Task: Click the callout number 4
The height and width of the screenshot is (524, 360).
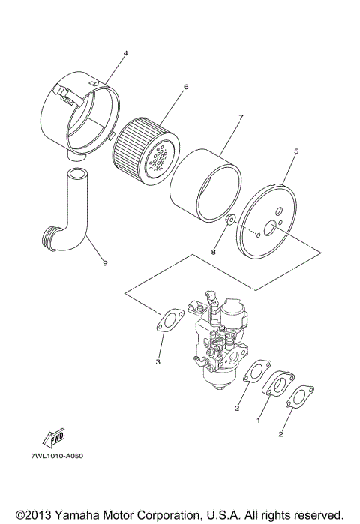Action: pos(125,53)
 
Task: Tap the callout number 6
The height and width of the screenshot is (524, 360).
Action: pos(185,86)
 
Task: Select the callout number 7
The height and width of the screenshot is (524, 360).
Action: pos(240,118)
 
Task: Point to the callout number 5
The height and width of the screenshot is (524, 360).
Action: pos(295,151)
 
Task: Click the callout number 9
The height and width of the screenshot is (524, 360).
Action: pos(104,263)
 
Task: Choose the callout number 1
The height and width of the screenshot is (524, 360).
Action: pos(259,422)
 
